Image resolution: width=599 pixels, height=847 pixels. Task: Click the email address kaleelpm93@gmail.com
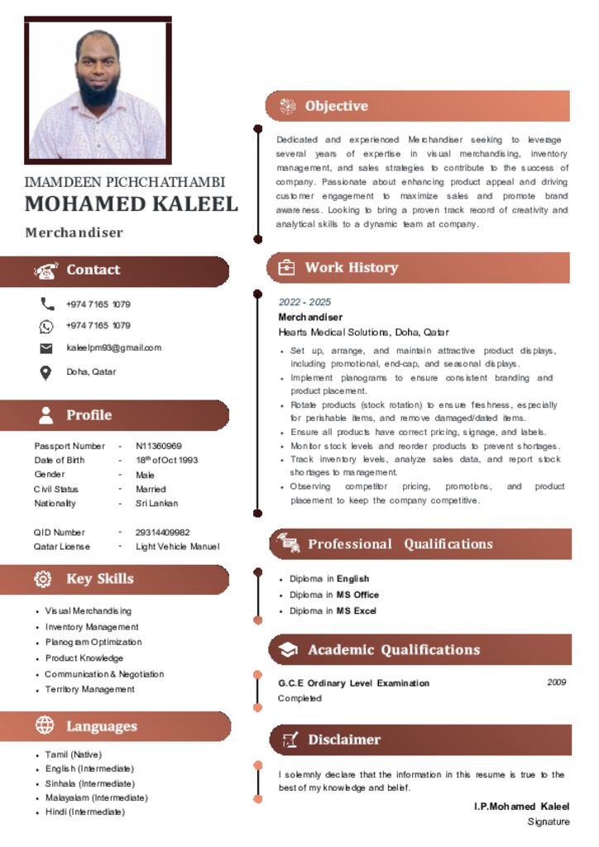[x=113, y=348]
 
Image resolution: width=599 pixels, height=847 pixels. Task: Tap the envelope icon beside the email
[x=47, y=348]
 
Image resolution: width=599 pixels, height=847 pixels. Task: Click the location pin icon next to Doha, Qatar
[x=47, y=372]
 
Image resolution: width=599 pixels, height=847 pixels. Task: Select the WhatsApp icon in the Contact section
[x=47, y=326]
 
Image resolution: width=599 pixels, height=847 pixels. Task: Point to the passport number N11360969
[x=159, y=446]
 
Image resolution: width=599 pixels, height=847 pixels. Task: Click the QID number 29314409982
[x=163, y=533]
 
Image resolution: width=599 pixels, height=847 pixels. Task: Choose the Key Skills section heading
[x=99, y=579]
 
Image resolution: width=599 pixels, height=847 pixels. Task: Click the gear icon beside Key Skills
[x=43, y=579]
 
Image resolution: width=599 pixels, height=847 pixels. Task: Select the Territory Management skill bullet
[x=89, y=689]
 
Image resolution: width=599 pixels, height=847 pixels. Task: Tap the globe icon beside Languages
[x=45, y=725]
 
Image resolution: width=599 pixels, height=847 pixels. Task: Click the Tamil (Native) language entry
[x=74, y=754]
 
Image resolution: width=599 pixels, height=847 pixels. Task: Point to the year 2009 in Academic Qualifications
[x=557, y=682]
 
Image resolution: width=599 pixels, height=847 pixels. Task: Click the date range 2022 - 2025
[x=304, y=303]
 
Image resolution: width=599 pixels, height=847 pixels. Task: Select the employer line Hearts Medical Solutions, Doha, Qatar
[x=363, y=333]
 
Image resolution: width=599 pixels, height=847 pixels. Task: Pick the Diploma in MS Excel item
[x=333, y=610]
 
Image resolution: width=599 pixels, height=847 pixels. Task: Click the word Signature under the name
[x=549, y=821]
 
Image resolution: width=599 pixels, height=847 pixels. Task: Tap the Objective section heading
[x=336, y=106]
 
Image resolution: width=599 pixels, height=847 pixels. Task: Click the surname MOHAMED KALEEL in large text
[x=131, y=204]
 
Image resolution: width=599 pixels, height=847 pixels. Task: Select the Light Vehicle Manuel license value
[x=177, y=547]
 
